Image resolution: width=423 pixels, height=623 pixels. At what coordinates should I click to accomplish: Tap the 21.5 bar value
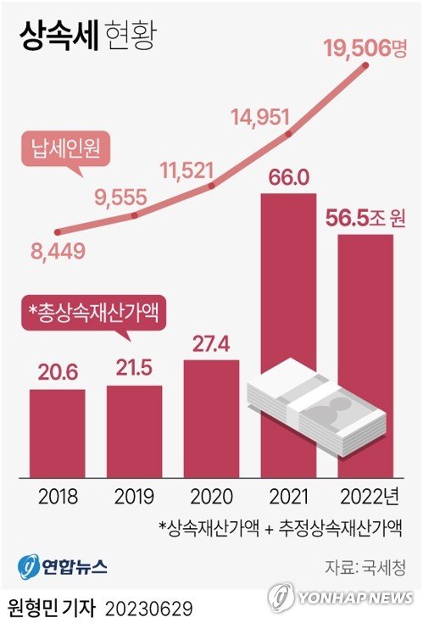(x=134, y=370)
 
